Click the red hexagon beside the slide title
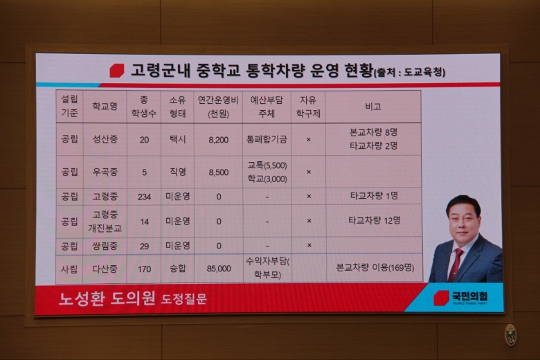[x=117, y=71]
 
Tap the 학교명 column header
[x=105, y=106]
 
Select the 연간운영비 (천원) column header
[x=218, y=107]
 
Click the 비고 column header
[x=373, y=107]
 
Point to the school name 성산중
[x=105, y=139]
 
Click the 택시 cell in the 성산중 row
[x=178, y=139]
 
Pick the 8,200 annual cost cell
[x=218, y=140]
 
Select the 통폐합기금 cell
[x=267, y=139]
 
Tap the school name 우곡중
[x=105, y=172]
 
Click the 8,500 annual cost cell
[x=218, y=172]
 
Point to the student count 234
[x=144, y=197]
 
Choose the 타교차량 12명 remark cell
[x=374, y=220]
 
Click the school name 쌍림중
[x=105, y=246]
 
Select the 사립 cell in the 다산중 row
[x=69, y=269]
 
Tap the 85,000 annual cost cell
[x=219, y=269]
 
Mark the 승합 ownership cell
[x=178, y=269]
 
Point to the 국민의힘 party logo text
[x=470, y=296]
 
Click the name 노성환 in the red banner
[x=81, y=298]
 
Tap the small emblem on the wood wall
[x=510, y=335]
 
